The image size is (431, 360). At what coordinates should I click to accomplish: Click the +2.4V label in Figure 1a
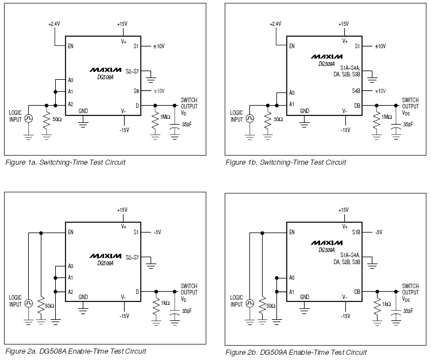coord(55,24)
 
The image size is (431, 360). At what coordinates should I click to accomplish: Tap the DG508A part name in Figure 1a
coord(105,76)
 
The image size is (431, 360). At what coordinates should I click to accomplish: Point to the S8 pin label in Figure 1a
coord(136,91)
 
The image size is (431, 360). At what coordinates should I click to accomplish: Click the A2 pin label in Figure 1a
coord(71,104)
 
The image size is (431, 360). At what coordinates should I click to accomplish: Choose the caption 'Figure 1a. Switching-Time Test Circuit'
coord(65,162)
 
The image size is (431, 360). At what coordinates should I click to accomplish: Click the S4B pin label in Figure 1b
coord(356,91)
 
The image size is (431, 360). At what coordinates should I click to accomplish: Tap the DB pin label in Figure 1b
coord(356,105)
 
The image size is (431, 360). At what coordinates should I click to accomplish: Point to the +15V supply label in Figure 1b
coord(343,24)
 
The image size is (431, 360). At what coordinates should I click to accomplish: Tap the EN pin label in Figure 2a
coord(71,233)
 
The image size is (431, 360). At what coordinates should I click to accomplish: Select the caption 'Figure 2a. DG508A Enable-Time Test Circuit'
coord(75,351)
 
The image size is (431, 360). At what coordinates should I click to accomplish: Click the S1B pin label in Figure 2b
coord(356,233)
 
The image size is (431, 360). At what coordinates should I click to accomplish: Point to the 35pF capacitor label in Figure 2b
coord(407,311)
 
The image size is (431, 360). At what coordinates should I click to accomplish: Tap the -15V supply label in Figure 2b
coord(344,316)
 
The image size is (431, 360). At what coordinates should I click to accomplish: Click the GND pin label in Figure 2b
coord(304,297)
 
